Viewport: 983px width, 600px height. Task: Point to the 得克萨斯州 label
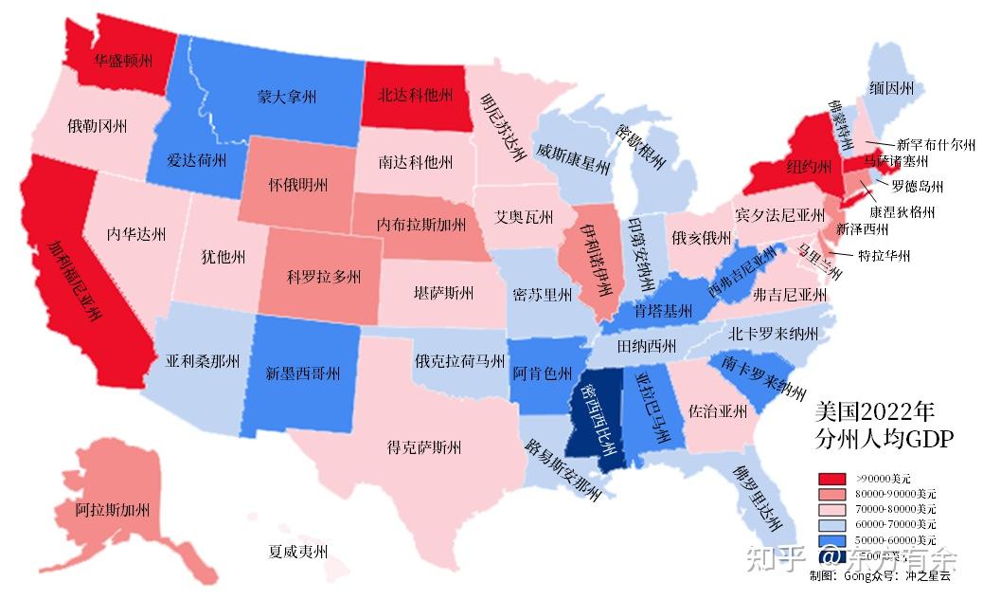tap(424, 447)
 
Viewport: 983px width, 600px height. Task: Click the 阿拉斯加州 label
tap(113, 510)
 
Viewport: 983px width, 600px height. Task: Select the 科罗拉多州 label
tap(325, 278)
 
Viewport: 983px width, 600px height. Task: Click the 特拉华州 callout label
tap(884, 256)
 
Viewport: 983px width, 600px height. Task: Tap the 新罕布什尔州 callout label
tap(936, 145)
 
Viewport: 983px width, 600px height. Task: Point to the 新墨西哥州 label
tap(302, 373)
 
